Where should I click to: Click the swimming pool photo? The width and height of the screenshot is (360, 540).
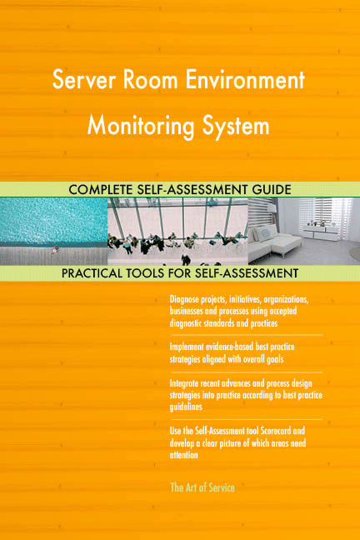pos(53,230)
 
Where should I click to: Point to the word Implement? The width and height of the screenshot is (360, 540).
pos(187,346)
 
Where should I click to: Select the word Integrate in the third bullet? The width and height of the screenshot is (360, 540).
pos(186,383)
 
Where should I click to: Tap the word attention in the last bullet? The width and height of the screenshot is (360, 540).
pos(184,455)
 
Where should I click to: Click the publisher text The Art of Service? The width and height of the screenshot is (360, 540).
pos(202,487)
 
